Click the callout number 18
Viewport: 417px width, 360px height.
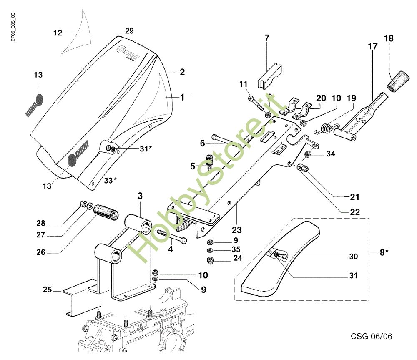[389, 38]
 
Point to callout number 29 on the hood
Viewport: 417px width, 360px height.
[129, 31]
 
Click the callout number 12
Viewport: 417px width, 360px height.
[58, 32]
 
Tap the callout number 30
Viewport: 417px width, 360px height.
[353, 257]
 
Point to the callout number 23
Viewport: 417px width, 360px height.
[237, 229]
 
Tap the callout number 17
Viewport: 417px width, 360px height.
[372, 46]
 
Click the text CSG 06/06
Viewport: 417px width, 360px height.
[371, 336]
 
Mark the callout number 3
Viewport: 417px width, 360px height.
[140, 196]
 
